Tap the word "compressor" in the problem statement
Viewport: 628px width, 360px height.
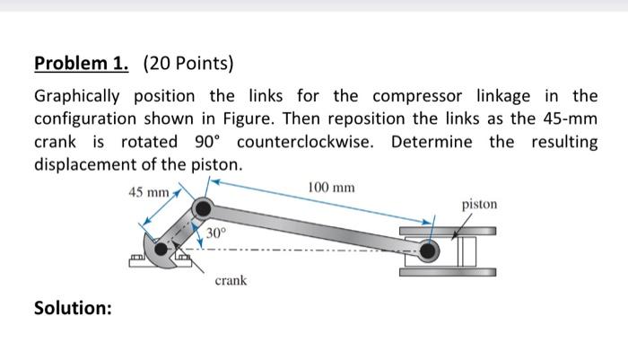(x=401, y=96)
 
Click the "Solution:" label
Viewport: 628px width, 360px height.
(x=73, y=308)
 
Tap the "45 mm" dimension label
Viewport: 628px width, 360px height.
(x=148, y=192)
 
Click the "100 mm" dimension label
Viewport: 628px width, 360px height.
(x=330, y=188)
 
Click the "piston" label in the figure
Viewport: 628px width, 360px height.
(x=479, y=204)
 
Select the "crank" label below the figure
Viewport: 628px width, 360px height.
(x=230, y=280)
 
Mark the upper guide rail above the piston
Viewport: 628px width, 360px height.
(x=449, y=230)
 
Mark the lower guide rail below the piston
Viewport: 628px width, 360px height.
(x=449, y=268)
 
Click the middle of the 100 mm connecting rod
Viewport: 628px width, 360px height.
(x=317, y=230)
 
